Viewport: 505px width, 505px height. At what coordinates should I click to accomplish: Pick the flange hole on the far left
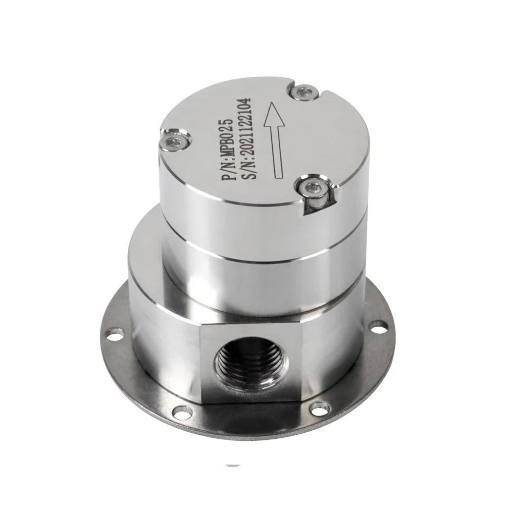(x=110, y=333)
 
